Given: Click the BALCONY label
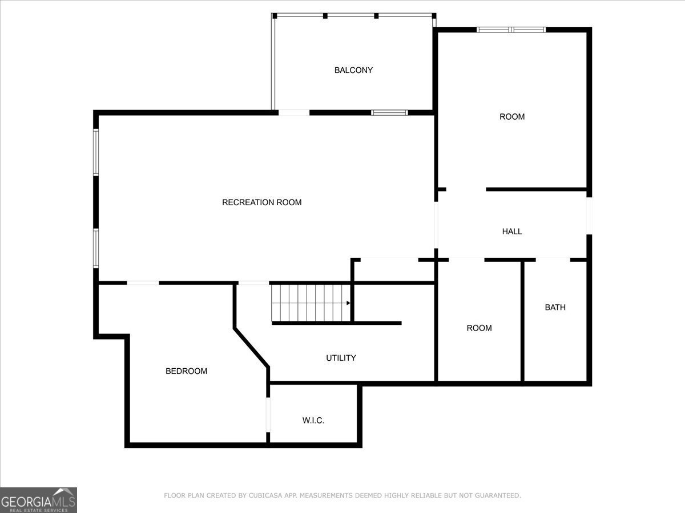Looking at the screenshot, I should coord(353,70).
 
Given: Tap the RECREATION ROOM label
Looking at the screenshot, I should coord(261,202).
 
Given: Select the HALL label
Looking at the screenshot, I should coord(512,231).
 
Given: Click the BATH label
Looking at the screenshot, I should coord(555,307).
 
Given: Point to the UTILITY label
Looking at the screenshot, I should coord(341,358).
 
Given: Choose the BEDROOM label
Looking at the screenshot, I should coord(186,371).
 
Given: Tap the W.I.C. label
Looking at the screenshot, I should coord(313,421).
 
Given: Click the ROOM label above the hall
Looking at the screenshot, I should coord(512,117).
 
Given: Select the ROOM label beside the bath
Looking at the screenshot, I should coord(479,328).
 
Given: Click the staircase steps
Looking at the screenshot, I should coord(308,303).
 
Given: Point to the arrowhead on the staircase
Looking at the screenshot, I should coord(348,303).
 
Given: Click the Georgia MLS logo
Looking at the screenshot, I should coord(38,500).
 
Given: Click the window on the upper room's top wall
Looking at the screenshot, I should coord(511,30).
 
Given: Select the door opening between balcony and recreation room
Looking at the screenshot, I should coord(294,113).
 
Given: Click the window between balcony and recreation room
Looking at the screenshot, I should coord(389,113).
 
